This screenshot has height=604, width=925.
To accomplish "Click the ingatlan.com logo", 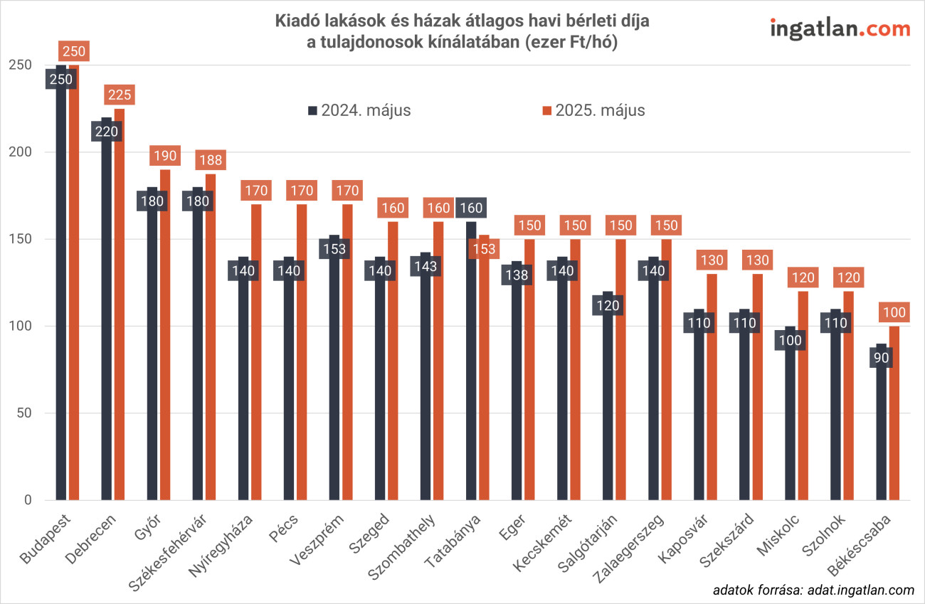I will pos(840,29).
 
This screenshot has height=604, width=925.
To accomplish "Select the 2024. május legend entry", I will pos(359,110).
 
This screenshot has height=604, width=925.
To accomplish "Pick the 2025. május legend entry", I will pos(593,110).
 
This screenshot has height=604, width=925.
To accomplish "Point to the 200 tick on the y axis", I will pos(23,152).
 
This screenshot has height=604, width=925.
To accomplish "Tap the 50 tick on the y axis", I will pos(27,413).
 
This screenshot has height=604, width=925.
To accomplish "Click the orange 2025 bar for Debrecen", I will pos(119,306).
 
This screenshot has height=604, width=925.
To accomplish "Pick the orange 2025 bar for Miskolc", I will pos(803,398).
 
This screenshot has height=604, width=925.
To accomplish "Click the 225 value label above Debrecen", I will pos(119,95).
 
